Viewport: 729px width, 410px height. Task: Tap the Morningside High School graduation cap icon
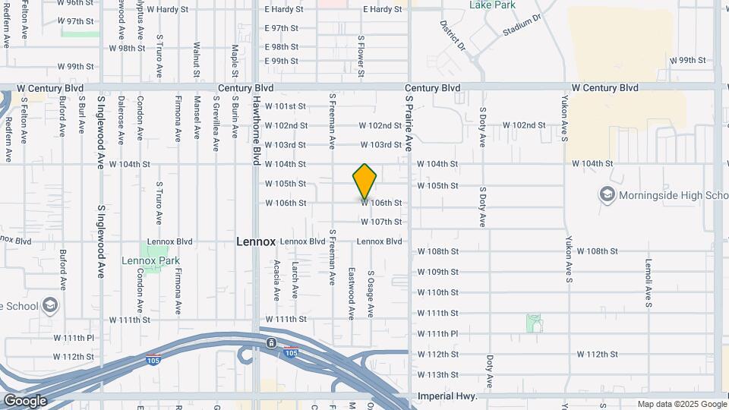point(607,195)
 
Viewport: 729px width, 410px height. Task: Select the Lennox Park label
point(150,260)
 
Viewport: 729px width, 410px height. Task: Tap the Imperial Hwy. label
point(447,396)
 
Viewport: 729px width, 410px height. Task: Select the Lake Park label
point(492,5)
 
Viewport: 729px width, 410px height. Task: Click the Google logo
point(25,401)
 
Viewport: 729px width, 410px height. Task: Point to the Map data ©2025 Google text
point(681,404)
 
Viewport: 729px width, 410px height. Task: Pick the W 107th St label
point(381,222)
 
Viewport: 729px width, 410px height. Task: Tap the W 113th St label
point(438,375)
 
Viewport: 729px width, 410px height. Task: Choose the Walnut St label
point(196,60)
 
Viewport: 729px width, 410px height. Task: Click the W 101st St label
point(286,106)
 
